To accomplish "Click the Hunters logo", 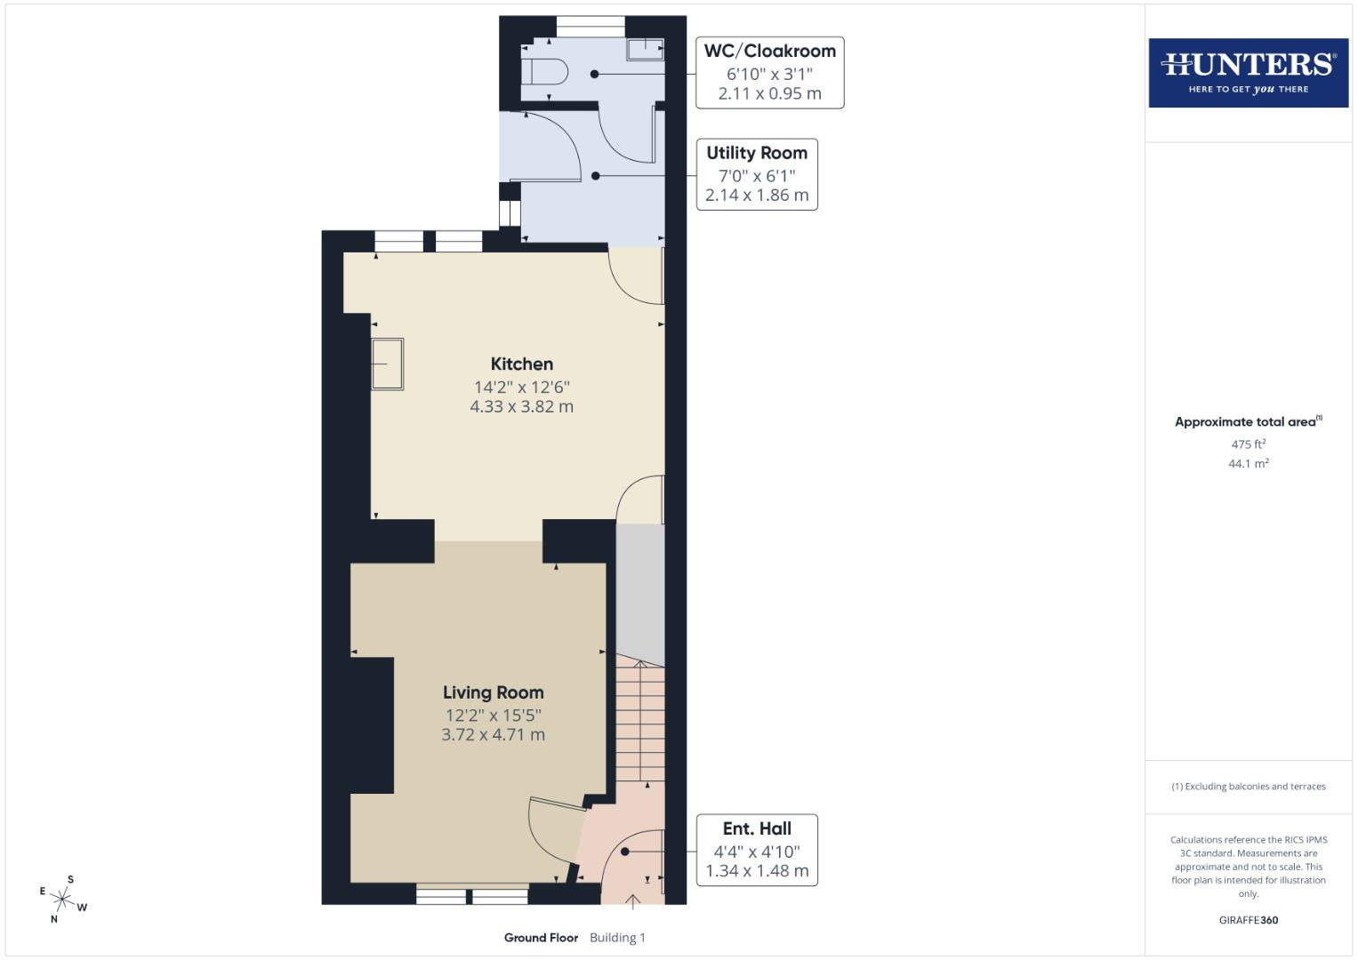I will (1248, 72).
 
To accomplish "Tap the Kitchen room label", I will (522, 364).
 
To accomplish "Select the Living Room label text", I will (493, 692).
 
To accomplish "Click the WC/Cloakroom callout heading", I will (769, 51).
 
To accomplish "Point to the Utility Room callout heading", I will (757, 153).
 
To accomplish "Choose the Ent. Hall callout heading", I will (757, 828).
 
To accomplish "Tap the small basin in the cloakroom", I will (646, 50).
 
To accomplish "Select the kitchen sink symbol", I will (387, 364).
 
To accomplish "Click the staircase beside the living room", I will (640, 720).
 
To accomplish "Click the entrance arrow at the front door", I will (632, 902).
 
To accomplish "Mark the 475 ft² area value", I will (1248, 444).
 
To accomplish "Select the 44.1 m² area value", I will (1248, 463).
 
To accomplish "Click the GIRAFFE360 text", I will (1248, 920).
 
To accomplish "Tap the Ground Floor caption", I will (541, 938).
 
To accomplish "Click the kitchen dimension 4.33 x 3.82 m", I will (521, 407).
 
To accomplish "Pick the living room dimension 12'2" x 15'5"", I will (493, 716).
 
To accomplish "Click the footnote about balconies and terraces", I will (1248, 787).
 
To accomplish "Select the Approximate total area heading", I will (1246, 422).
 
